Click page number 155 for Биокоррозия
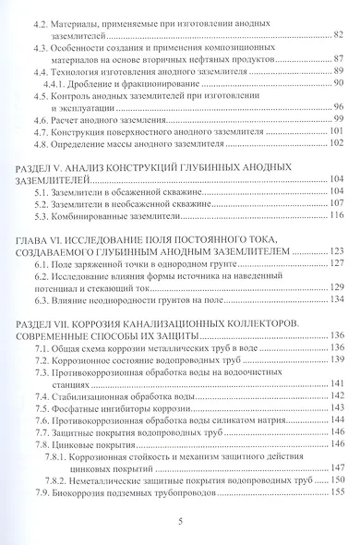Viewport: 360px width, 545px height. point(336,494)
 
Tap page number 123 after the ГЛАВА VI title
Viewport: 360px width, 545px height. point(336,250)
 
